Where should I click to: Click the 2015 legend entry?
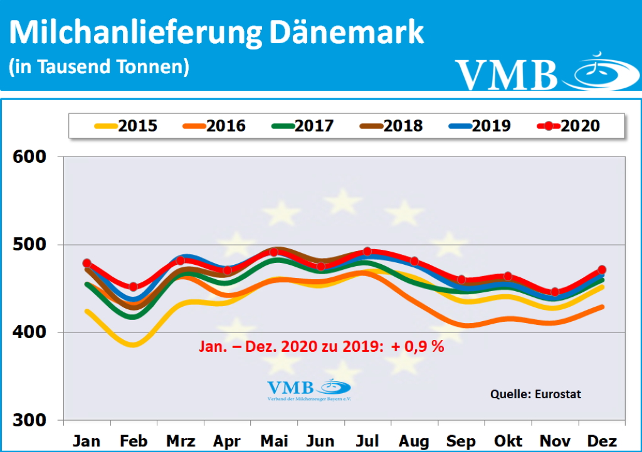[x=126, y=126]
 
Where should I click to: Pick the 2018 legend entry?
[x=391, y=126]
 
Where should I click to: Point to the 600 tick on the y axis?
[x=30, y=157]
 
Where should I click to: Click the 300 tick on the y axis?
[x=30, y=420]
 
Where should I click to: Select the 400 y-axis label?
[x=30, y=332]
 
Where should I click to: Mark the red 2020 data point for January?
[x=87, y=263]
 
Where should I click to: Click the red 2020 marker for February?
[x=134, y=287]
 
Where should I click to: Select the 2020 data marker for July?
[x=367, y=251]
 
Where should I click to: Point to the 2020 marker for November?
[x=555, y=292]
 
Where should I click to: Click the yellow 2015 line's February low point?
[x=134, y=344]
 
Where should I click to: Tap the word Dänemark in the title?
[x=347, y=33]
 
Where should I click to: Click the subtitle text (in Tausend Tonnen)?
[x=99, y=66]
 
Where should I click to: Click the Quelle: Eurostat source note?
[x=535, y=394]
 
